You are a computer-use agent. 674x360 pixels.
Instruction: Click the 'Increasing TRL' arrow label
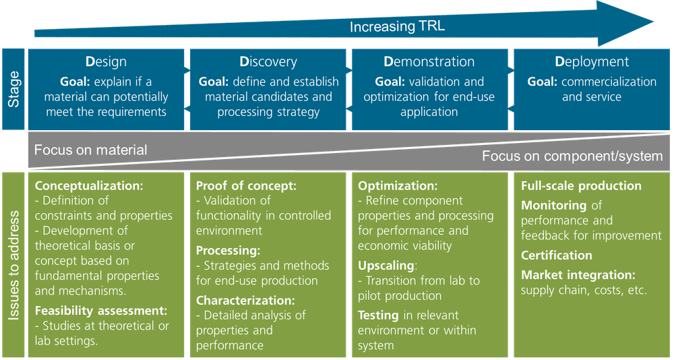[397, 27]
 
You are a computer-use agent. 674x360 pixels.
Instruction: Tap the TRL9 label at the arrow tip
[648, 30]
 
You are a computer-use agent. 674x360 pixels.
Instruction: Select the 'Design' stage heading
[106, 62]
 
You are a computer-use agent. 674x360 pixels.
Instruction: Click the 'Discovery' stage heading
[268, 62]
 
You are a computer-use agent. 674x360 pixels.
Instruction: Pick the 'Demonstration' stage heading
[429, 62]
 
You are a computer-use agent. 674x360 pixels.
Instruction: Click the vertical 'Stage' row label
[13, 89]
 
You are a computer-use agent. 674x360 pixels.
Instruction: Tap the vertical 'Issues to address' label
[13, 265]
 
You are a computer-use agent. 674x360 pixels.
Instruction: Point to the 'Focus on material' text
[90, 150]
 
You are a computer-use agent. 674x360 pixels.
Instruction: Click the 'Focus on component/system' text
[572, 156]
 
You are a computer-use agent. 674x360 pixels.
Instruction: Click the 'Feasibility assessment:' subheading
[101, 311]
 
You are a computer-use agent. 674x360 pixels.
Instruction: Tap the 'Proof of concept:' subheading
[246, 186]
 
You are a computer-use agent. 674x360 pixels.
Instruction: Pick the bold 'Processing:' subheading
[228, 250]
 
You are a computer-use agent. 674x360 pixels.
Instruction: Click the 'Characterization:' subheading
[245, 300]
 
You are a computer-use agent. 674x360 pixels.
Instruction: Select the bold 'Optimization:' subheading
[398, 186]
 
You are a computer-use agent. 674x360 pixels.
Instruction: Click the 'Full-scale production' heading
[582, 186]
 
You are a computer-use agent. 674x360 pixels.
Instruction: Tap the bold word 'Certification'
[557, 256]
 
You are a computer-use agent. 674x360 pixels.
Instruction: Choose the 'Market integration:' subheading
[578, 275]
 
